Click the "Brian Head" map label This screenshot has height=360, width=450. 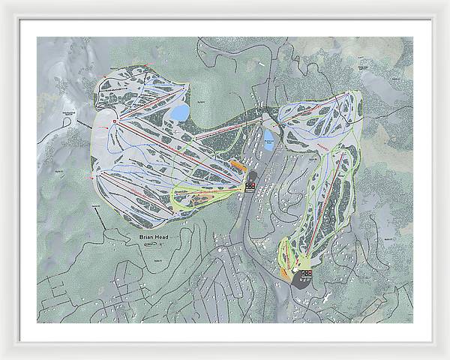pos(154,237)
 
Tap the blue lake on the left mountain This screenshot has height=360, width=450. pos(180,113)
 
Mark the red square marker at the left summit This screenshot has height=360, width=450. pos(115,121)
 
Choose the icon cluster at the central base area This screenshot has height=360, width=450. pos(250,186)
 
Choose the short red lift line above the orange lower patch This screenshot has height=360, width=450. pos(289,255)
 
